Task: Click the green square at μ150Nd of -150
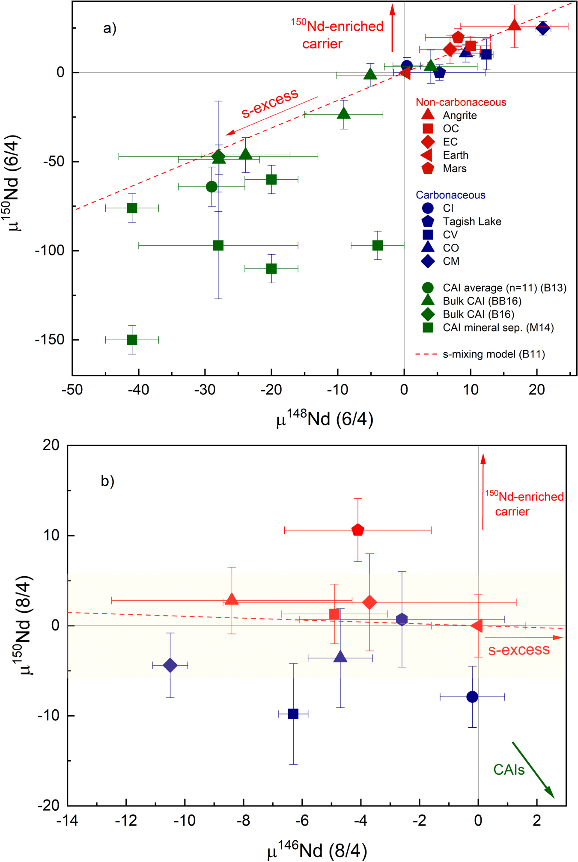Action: click(132, 340)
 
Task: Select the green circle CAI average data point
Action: click(212, 187)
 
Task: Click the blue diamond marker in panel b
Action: click(170, 665)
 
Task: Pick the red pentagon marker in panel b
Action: click(358, 530)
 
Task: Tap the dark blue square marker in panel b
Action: click(293, 714)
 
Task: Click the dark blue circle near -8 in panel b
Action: click(472, 697)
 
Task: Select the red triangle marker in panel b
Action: click(232, 599)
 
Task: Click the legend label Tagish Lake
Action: click(472, 222)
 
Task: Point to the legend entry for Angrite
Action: click(459, 116)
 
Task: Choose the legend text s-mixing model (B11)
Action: click(494, 354)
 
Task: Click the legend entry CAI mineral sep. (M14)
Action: click(498, 328)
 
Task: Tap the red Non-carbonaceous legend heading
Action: click(461, 102)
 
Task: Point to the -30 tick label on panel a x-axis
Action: click(205, 390)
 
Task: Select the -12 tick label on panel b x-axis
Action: click(126, 821)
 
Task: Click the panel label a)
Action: click(110, 29)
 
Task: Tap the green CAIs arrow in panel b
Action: click(533, 770)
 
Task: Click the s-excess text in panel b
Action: click(518, 650)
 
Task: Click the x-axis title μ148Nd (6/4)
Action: click(325, 419)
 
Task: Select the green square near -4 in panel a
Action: click(377, 246)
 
